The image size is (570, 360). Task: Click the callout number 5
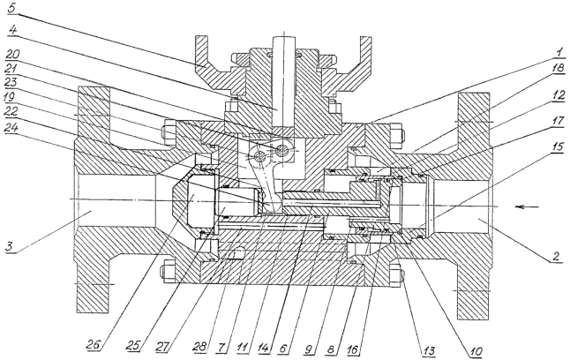click(12, 8)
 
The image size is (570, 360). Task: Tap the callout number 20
click(12, 55)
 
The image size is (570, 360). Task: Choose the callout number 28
click(199, 347)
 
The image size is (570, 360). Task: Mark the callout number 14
click(263, 348)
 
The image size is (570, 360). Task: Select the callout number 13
click(428, 350)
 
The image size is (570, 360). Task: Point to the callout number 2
click(554, 257)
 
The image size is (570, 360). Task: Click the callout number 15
click(559, 146)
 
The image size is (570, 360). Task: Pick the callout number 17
click(559, 120)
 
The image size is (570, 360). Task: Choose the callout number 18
click(559, 68)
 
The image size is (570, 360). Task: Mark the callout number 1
click(559, 53)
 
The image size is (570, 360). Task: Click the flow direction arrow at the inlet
click(528, 206)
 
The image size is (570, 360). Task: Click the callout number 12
click(559, 95)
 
